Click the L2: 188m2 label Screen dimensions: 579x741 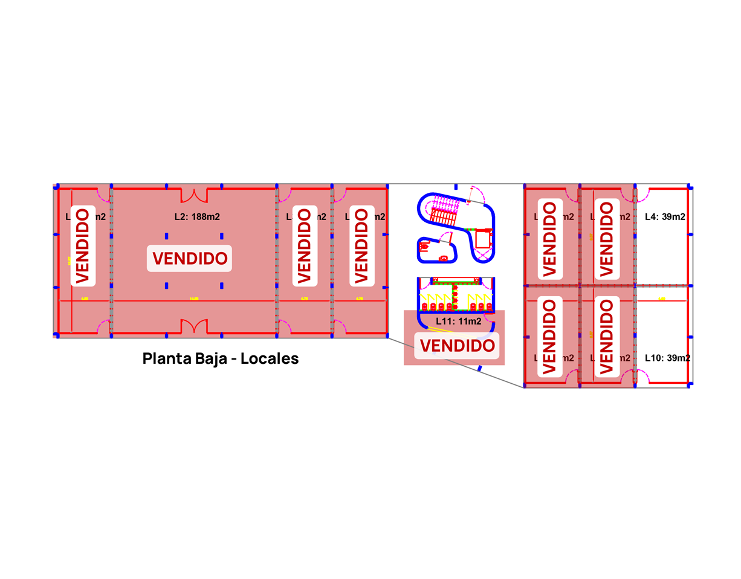[x=193, y=216]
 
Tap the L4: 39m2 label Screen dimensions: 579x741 [x=665, y=216]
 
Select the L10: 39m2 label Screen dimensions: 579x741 [x=667, y=358]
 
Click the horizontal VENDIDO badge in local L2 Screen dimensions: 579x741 [x=190, y=258]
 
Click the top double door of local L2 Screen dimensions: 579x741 [x=195, y=195]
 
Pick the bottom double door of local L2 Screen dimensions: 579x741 [x=195, y=327]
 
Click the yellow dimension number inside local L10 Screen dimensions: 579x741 [x=662, y=299]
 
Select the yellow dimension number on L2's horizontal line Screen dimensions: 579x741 [x=193, y=299]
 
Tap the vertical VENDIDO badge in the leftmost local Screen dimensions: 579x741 [x=82, y=244]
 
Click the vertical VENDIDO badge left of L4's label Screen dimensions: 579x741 [x=607, y=239]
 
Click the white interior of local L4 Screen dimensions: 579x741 [x=663, y=254]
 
